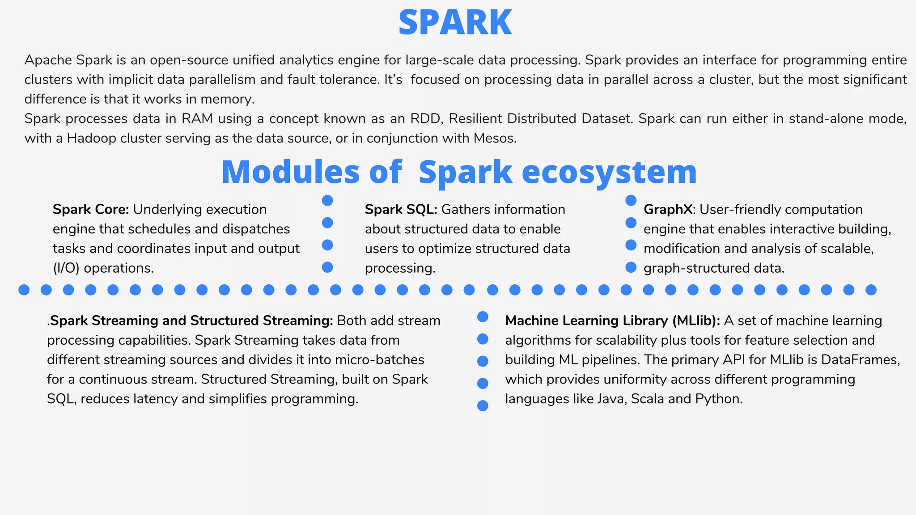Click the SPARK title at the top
coord(455,22)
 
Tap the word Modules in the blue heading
coord(290,172)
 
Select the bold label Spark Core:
coord(91,209)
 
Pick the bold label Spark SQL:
coord(401,209)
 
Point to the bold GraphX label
coord(668,209)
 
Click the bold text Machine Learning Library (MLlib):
coord(612,321)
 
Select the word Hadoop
coord(91,138)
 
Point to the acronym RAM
coord(197,118)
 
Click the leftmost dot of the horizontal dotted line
coord(24,290)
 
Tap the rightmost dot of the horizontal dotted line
coord(871,290)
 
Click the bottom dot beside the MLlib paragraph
coord(483,406)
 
